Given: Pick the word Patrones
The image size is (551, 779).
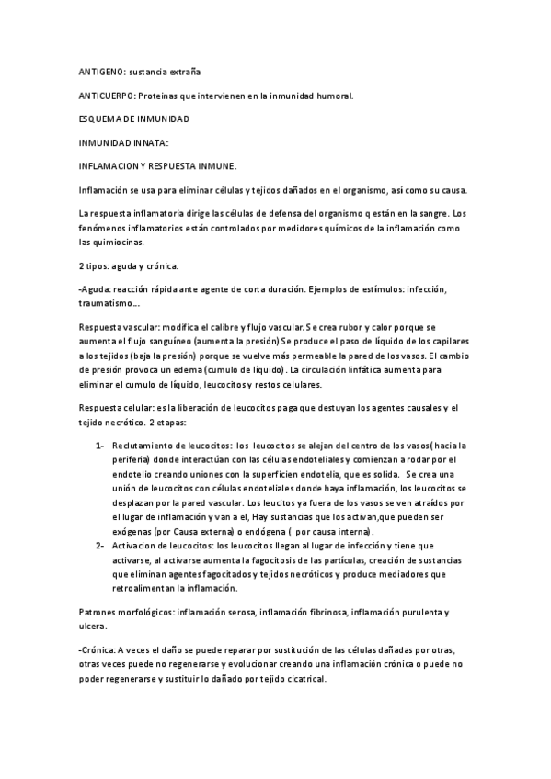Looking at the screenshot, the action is pos(99,610).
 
